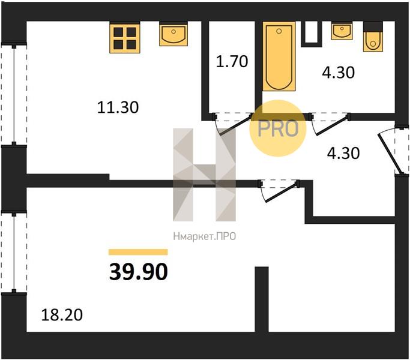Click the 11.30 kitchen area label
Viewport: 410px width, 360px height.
pos(118,107)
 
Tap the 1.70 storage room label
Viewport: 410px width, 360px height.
pos(232,62)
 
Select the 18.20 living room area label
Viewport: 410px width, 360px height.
pos(62,315)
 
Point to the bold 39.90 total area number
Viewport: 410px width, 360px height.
pos(138,272)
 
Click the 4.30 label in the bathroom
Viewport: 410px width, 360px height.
pos(339,73)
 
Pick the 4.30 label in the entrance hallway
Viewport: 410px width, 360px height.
pos(343,153)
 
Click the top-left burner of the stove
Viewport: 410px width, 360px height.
pos(118,32)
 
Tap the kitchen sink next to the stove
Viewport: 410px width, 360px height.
pos(173,34)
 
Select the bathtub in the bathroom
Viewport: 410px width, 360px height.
pos(279,56)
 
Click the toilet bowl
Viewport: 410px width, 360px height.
pos(373,41)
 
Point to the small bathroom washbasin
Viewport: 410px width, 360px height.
pos(342,31)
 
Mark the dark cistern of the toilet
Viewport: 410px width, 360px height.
pos(373,26)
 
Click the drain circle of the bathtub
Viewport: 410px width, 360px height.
pos(279,31)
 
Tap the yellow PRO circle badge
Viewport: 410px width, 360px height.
pos(278,128)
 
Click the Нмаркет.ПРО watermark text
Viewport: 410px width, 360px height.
pos(205,236)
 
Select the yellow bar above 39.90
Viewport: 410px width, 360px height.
pos(138,252)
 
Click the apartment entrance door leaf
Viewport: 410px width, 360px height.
pos(388,154)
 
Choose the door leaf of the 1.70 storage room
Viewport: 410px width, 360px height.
pos(235,125)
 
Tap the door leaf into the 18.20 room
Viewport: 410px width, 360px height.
pos(282,191)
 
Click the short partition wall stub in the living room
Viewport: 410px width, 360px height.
pos(262,299)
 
